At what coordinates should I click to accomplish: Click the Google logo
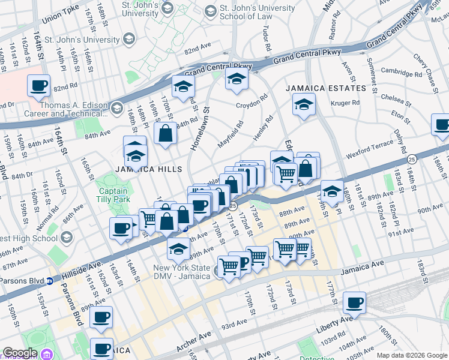pos(20,353)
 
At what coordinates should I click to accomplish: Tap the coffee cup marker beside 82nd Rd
pos(38,85)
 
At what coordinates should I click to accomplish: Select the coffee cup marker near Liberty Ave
pos(354,303)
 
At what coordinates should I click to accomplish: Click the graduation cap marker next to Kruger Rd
pos(304,104)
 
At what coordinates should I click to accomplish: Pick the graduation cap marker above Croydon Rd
pos(237,79)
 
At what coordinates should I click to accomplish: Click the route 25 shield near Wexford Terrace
pos(411,160)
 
